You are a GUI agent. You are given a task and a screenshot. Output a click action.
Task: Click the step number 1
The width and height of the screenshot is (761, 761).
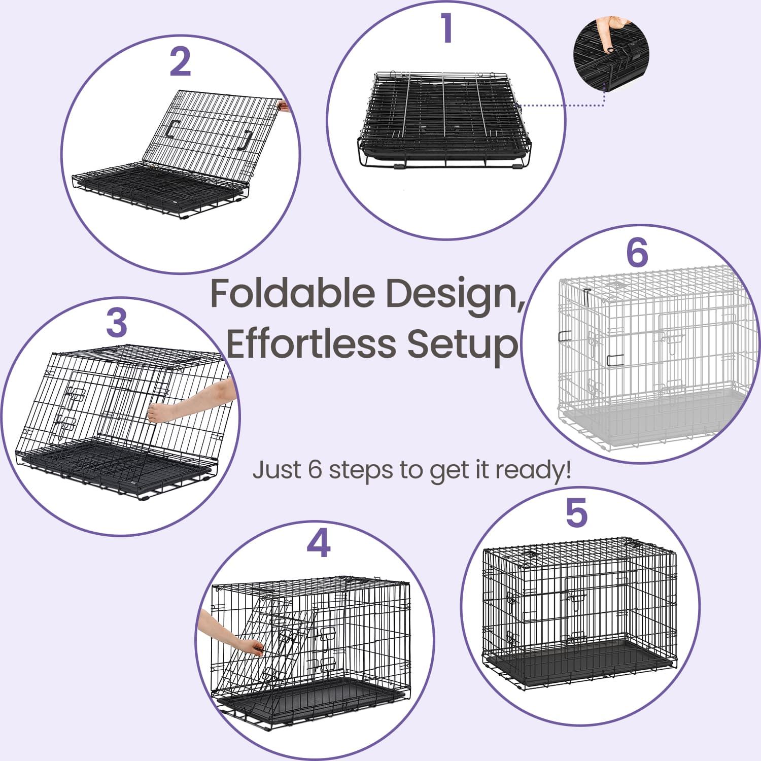point(446,28)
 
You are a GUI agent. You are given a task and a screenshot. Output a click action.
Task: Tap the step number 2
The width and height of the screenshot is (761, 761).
point(181,62)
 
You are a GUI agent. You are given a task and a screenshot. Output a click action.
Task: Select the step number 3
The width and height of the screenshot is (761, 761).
point(117,323)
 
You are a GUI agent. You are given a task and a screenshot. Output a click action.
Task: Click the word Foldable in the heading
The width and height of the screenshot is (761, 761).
point(294,293)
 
